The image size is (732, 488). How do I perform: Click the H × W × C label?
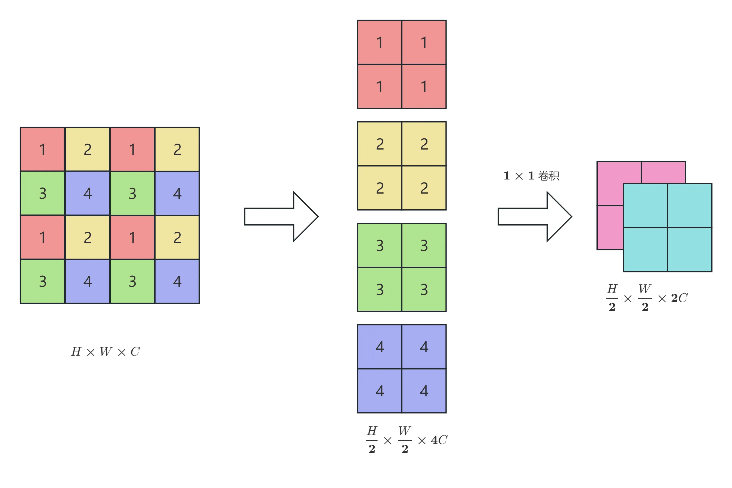click(106, 352)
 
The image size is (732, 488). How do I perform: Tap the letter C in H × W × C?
click(135, 352)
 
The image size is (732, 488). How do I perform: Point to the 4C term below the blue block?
click(439, 440)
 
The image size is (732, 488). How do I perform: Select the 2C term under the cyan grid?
click(679, 298)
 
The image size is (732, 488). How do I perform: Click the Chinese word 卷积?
click(549, 176)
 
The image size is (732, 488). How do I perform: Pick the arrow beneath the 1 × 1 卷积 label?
click(535, 217)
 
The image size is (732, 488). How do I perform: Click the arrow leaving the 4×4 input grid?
click(281, 217)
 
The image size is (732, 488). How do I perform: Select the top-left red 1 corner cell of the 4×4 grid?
click(43, 149)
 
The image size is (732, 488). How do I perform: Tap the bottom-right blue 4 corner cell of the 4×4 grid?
click(177, 281)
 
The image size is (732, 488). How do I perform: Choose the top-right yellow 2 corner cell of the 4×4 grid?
click(177, 149)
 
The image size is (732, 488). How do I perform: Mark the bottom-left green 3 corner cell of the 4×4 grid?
click(43, 281)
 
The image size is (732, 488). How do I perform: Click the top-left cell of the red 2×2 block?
click(380, 42)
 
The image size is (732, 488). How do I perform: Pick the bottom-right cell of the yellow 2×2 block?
click(424, 188)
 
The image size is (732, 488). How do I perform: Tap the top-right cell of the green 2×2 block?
click(424, 245)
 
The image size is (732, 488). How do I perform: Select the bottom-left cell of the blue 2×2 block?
click(380, 391)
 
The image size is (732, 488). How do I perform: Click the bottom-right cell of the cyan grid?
click(690, 250)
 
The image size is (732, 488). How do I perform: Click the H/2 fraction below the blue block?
click(372, 440)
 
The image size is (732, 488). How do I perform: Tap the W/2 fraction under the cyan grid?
click(645, 298)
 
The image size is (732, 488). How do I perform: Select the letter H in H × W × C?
click(76, 352)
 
